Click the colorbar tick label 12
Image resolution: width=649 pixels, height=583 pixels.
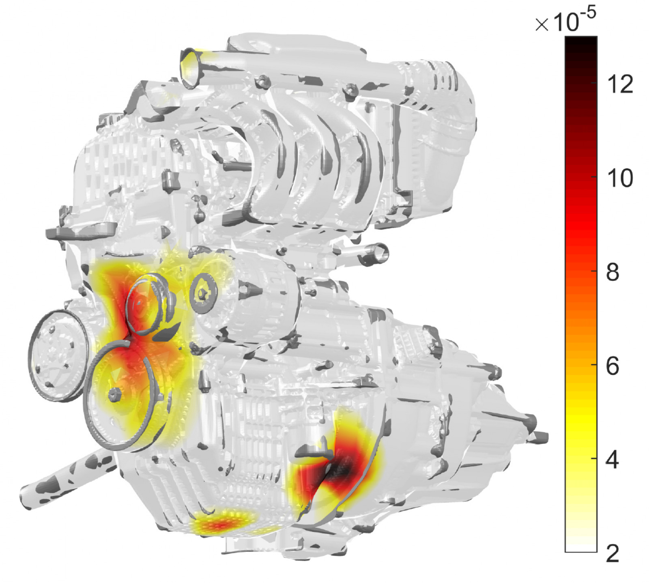[x=620, y=84]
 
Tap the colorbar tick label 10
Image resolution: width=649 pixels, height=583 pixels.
[x=620, y=178]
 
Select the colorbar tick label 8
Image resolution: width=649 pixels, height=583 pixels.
[x=613, y=272]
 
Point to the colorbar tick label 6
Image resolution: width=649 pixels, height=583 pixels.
[x=613, y=366]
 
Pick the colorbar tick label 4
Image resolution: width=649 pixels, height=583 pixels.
[x=613, y=460]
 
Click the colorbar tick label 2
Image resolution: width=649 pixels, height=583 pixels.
[x=613, y=553]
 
